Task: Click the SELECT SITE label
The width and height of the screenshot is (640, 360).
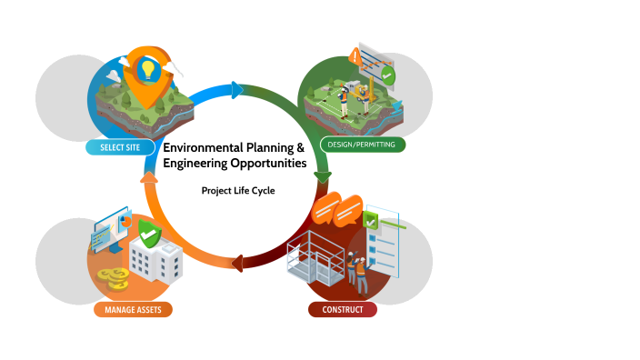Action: pyautogui.click(x=119, y=146)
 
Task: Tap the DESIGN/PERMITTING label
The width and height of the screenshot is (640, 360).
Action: pyautogui.click(x=362, y=145)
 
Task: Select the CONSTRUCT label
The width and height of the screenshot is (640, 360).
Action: pyautogui.click(x=342, y=310)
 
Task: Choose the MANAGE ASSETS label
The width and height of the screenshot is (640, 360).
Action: pyautogui.click(x=133, y=309)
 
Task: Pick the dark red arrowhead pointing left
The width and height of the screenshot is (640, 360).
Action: pyautogui.click(x=238, y=264)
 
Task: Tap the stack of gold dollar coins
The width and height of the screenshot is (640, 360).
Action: pyautogui.click(x=116, y=275)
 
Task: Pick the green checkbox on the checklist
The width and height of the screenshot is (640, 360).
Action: pyautogui.click(x=370, y=219)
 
